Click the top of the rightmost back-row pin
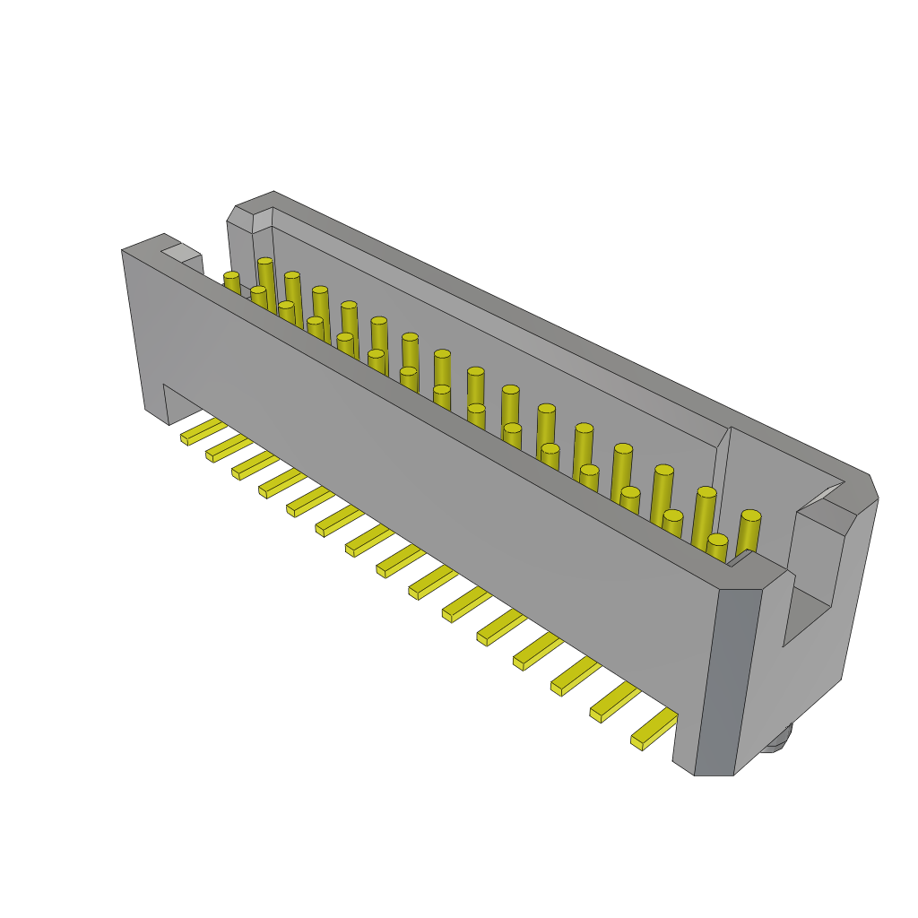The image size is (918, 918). [x=751, y=515]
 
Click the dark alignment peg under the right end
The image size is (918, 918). [x=778, y=737]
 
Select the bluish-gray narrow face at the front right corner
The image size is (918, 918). [x=726, y=681]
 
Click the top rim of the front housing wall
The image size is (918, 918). [x=448, y=421]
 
